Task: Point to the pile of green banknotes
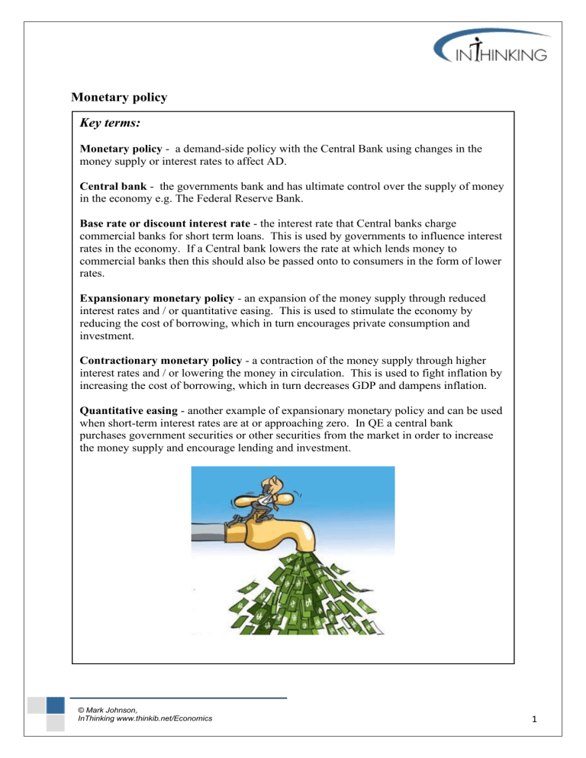pos(298,602)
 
